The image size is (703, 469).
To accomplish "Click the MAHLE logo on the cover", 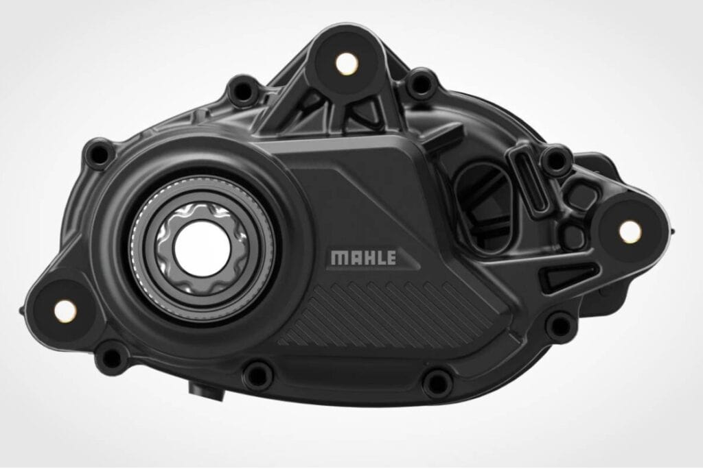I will click(363, 258).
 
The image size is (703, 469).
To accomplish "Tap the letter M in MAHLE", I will click(337, 258).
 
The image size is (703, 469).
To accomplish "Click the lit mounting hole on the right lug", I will click(629, 230).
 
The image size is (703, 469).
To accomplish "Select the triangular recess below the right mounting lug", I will click(559, 277).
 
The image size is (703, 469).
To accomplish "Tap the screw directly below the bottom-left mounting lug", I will click(109, 357).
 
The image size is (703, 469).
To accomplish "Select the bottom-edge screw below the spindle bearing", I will click(257, 374).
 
